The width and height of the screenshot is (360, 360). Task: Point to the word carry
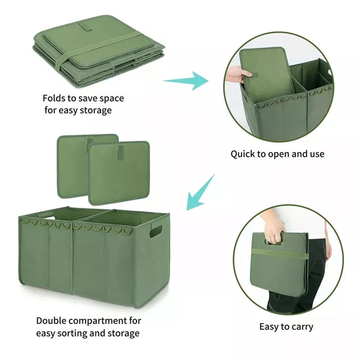pos(301,326)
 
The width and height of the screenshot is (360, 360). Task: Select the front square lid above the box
pos(119,173)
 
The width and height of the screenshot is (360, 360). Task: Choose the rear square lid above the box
pos(74,157)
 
